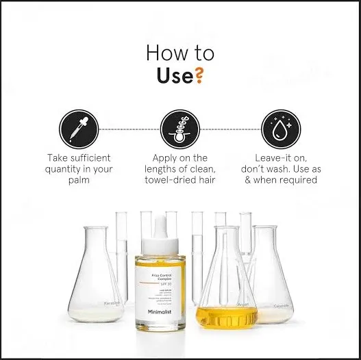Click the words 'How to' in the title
[180, 53]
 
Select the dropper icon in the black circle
[74, 127]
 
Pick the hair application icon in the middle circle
[179, 127]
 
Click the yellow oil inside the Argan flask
[226, 316]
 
